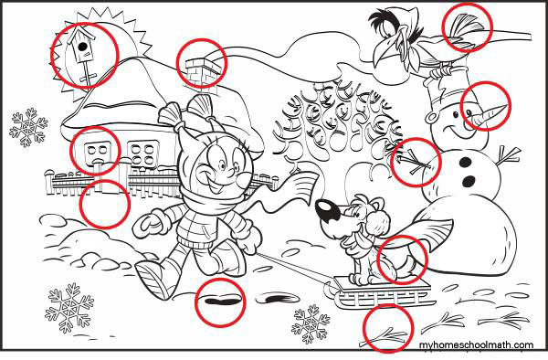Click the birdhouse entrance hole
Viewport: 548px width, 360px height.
[82, 46]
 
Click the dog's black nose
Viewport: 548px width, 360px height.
[327, 211]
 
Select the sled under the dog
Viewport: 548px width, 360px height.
[381, 292]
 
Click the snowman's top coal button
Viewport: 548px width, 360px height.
[465, 162]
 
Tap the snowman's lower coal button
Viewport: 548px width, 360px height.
[469, 181]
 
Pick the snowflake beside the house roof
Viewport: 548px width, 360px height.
[28, 127]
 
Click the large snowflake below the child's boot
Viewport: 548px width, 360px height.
[69, 308]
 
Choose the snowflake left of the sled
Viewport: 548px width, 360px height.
[311, 324]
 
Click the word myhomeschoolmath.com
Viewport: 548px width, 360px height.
[477, 345]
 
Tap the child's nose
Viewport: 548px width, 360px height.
[232, 172]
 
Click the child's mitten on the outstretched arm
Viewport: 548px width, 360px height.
[146, 223]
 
